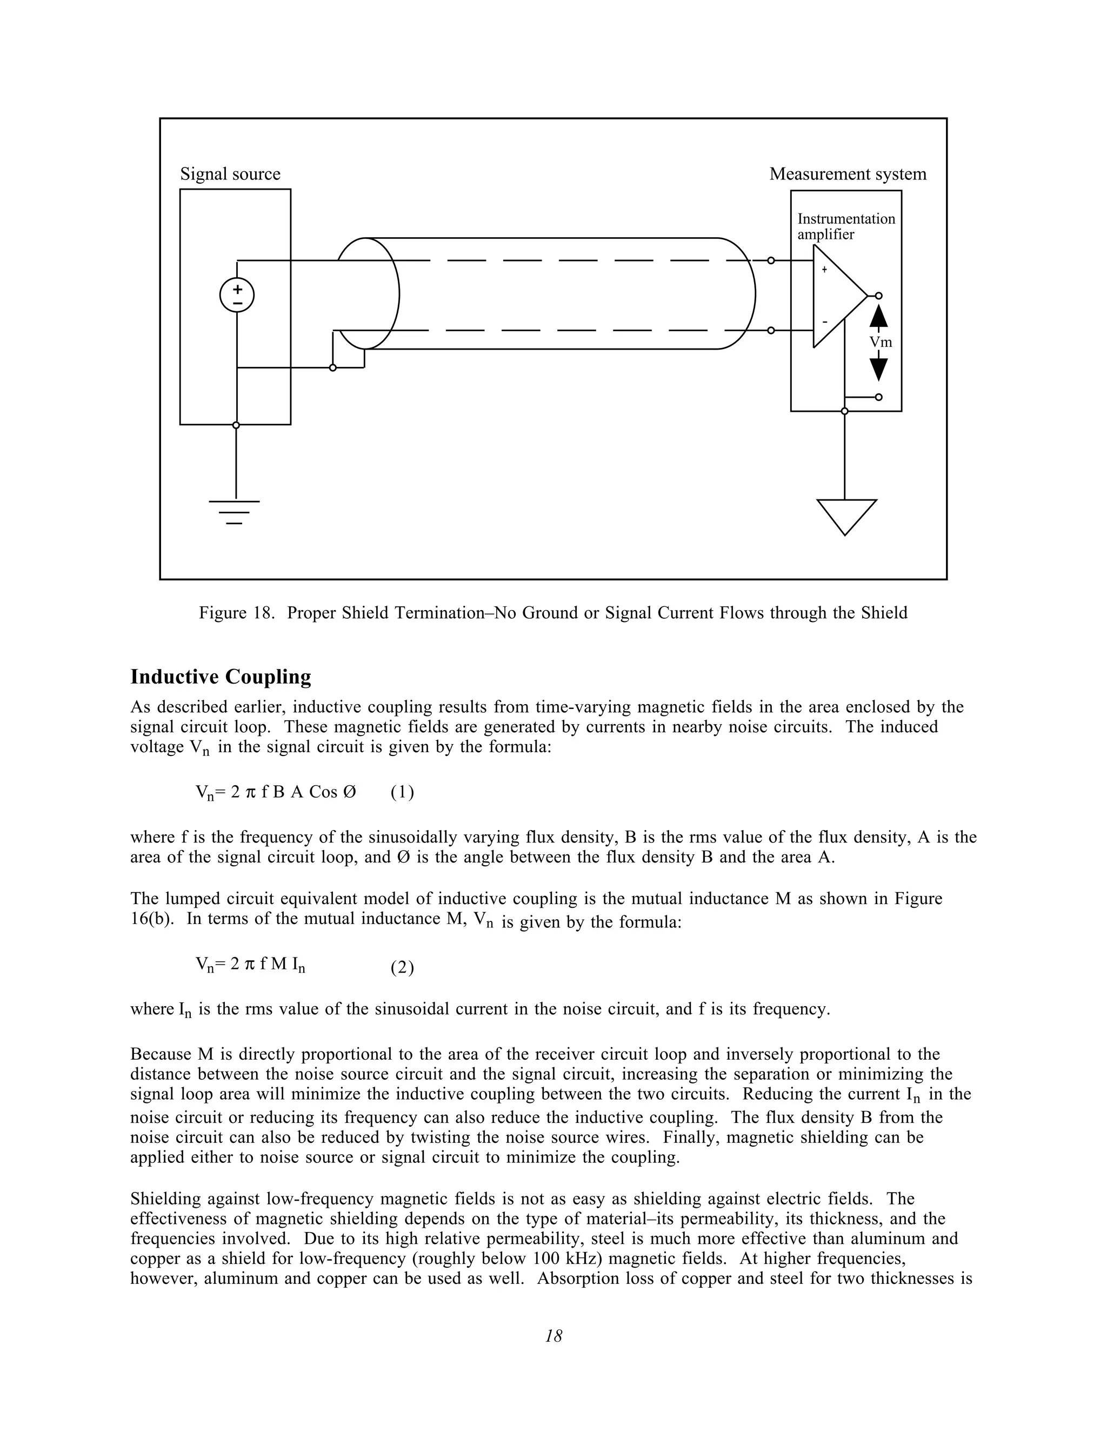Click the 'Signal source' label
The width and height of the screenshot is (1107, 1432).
coord(230,174)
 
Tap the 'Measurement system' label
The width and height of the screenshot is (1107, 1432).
coord(848,174)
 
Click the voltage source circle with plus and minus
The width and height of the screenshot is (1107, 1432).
coord(237,295)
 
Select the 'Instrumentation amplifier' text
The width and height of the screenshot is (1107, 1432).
coord(845,226)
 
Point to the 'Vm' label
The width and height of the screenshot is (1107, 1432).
coord(880,342)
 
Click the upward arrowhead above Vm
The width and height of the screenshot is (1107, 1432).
coord(879,316)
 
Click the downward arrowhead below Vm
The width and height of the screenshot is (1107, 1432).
coord(879,369)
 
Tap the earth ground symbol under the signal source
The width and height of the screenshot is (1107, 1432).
coord(235,511)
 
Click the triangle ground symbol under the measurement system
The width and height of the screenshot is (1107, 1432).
coord(846,516)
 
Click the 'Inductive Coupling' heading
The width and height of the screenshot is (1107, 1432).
coord(221,677)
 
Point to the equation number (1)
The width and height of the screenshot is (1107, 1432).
coord(402,792)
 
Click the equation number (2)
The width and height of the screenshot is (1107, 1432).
coord(402,968)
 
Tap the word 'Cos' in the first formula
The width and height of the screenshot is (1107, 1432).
coord(323,792)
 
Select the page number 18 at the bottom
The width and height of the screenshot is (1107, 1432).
coord(553,1336)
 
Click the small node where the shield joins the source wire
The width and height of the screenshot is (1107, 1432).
coord(332,368)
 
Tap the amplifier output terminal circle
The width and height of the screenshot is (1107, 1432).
coord(879,296)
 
